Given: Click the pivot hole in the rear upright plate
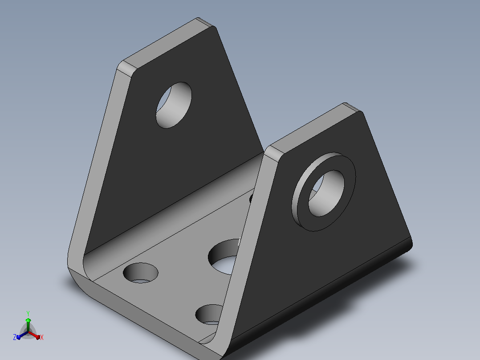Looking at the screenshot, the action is pyautogui.click(x=174, y=105).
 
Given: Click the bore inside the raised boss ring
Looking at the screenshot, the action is pyautogui.click(x=326, y=193).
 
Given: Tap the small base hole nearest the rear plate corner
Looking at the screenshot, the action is pyautogui.click(x=141, y=273).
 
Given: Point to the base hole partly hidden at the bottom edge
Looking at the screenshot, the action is pyautogui.click(x=209, y=315).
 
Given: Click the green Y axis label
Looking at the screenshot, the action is pyautogui.click(x=28, y=313).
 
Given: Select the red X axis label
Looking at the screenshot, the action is pyautogui.click(x=42, y=337).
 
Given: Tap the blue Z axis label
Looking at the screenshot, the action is pyautogui.click(x=15, y=337).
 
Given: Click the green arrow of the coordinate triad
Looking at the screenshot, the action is pyautogui.click(x=28, y=324).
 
